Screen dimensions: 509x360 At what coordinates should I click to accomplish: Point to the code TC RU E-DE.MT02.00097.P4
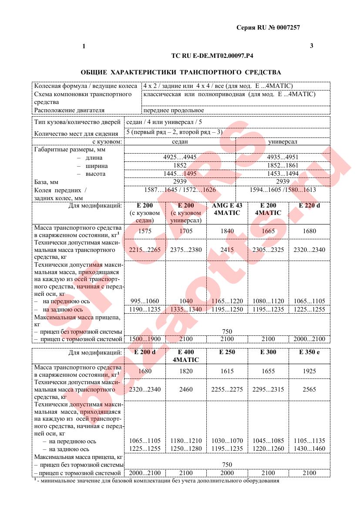pyautogui.click(x=212, y=56)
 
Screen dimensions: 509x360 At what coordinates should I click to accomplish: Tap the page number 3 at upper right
pyautogui.click(x=311, y=46)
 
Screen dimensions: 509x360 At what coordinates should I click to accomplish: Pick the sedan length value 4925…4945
pyautogui.click(x=180, y=157)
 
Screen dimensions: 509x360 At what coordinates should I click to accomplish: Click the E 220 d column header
pyautogui.click(x=309, y=205)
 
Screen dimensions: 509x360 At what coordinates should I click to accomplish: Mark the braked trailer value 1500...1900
pyautogui.click(x=145, y=339)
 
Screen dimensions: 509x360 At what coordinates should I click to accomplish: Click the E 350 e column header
pyautogui.click(x=309, y=352)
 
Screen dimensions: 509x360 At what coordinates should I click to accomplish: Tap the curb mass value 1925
pyautogui.click(x=309, y=371)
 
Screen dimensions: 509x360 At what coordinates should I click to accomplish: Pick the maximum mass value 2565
pyautogui.click(x=309, y=389)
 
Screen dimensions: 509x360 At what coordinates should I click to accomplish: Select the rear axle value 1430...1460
pyautogui.click(x=309, y=449)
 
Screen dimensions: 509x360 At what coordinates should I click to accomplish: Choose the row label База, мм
pyautogui.click(x=47, y=181)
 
